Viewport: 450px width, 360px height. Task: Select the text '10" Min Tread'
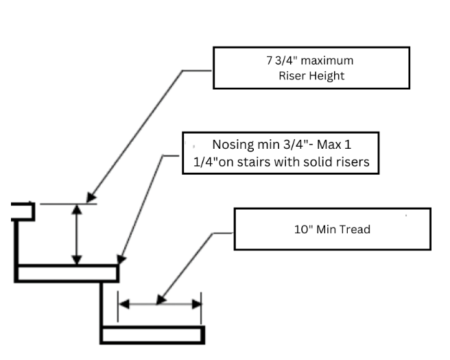pos(332,229)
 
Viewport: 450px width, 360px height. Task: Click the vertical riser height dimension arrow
pos(77,235)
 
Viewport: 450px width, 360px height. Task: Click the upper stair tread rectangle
pos(66,274)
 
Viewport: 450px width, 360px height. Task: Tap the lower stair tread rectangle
pos(152,335)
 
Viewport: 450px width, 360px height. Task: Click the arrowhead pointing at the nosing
pos(120,260)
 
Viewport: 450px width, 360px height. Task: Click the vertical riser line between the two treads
pos(102,304)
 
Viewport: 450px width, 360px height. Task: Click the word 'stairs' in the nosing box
pos(261,164)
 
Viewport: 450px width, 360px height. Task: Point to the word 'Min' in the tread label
pos(327,229)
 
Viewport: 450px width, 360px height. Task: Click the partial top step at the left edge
pos(23,210)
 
